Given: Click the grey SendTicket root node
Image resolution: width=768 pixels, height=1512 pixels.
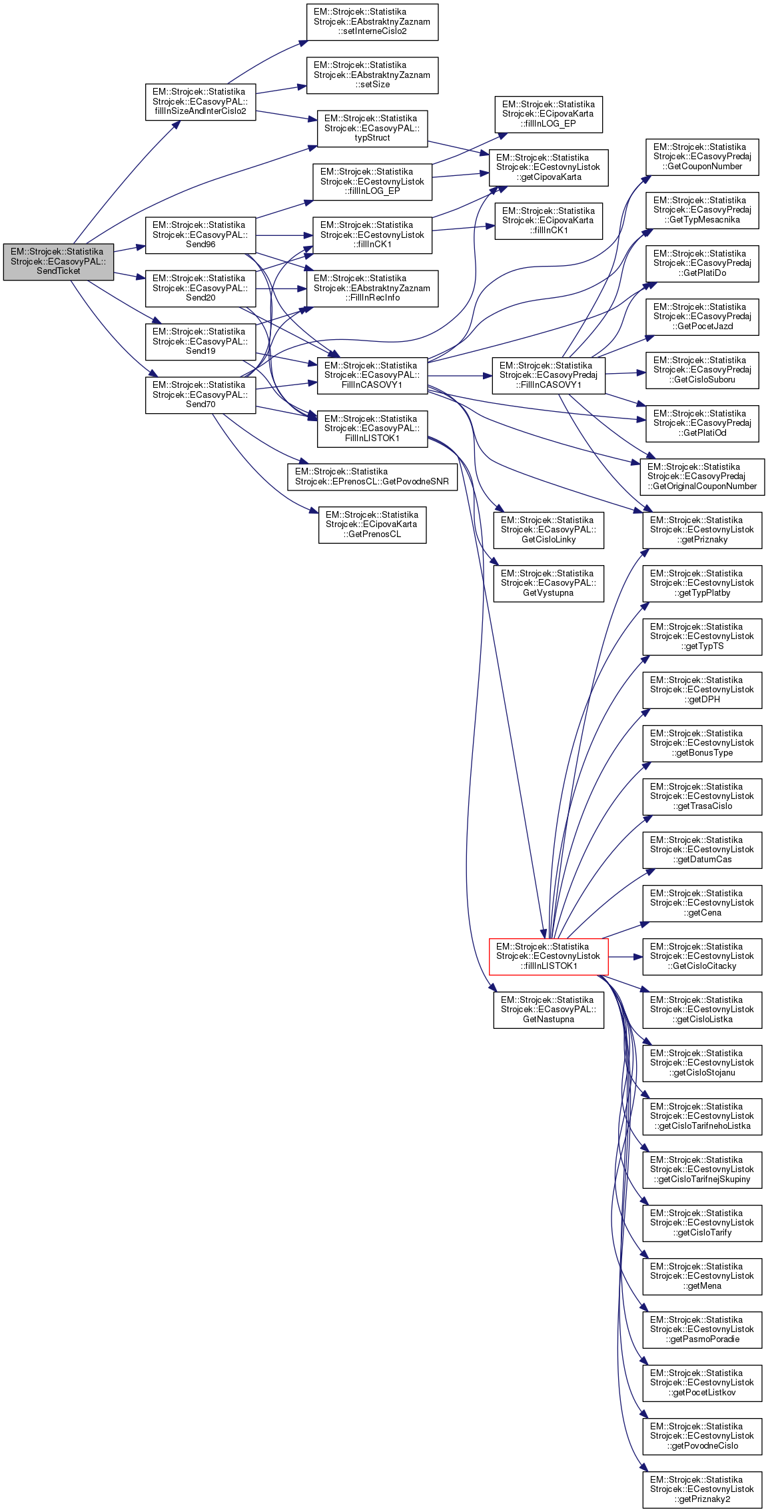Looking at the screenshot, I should coord(59,261).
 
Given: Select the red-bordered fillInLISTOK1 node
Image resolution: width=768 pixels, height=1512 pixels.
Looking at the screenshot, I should coord(548,956).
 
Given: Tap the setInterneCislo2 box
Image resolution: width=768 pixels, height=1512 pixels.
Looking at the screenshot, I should coord(372,22).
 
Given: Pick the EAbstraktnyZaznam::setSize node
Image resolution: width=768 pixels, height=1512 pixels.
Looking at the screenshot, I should coord(372,75).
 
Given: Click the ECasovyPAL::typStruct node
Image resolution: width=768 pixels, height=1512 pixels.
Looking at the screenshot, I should coord(372,129).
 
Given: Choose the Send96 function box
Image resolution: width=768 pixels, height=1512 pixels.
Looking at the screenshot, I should coord(200,235).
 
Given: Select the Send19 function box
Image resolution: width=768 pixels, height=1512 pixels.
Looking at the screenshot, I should coord(200,342).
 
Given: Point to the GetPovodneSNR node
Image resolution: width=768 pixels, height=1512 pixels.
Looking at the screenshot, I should coord(372,477).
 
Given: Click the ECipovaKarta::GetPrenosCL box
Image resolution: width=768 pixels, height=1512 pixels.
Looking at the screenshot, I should coord(372,525).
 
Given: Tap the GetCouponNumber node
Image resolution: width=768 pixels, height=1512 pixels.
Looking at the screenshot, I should coord(701,157).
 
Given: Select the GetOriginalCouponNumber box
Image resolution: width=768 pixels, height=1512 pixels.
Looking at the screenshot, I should coord(701,477).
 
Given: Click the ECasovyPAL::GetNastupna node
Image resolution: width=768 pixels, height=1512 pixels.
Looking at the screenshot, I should coord(548,1010).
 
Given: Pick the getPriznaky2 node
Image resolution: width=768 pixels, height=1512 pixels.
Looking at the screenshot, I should coord(701,1489).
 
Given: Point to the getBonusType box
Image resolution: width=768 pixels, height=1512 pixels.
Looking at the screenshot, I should coord(701,743).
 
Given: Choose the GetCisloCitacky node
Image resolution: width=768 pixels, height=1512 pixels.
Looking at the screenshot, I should coord(701,956).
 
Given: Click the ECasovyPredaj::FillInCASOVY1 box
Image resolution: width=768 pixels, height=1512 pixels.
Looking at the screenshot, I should coord(548,376).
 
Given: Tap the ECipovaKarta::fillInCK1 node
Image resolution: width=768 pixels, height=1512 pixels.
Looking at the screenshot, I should coord(548,221).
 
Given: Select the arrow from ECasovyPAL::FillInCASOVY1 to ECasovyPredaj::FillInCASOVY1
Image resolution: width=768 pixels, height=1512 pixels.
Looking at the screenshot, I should coord(460,376).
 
